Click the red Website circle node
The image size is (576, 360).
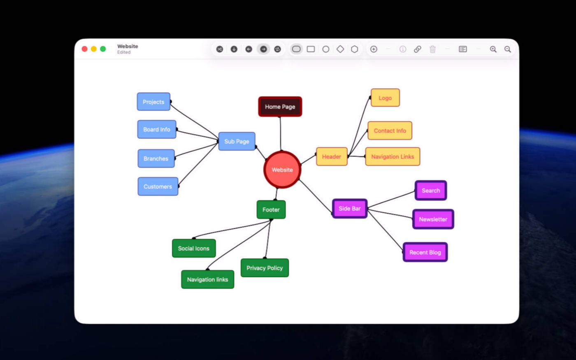click(x=282, y=170)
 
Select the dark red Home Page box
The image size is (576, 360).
click(x=280, y=107)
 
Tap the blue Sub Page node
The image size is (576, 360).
click(x=237, y=141)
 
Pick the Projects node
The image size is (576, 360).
click(x=153, y=102)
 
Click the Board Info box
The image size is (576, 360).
click(x=157, y=129)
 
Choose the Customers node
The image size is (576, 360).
click(x=158, y=186)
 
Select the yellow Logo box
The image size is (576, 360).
click(x=385, y=98)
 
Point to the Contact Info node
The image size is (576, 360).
click(x=390, y=131)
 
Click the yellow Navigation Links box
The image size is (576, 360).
click(x=393, y=157)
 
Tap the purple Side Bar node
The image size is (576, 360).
click(x=350, y=209)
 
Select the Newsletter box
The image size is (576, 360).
click(x=433, y=219)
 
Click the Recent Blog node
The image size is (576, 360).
click(x=425, y=252)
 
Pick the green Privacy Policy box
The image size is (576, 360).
click(x=265, y=268)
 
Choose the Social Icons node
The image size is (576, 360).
click(x=194, y=249)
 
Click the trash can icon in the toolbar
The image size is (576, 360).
click(x=432, y=49)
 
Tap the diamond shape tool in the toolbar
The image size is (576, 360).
click(x=340, y=49)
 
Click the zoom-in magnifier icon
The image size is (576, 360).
click(x=493, y=49)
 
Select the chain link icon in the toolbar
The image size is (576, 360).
click(x=417, y=49)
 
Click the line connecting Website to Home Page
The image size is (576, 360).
click(x=281, y=134)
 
